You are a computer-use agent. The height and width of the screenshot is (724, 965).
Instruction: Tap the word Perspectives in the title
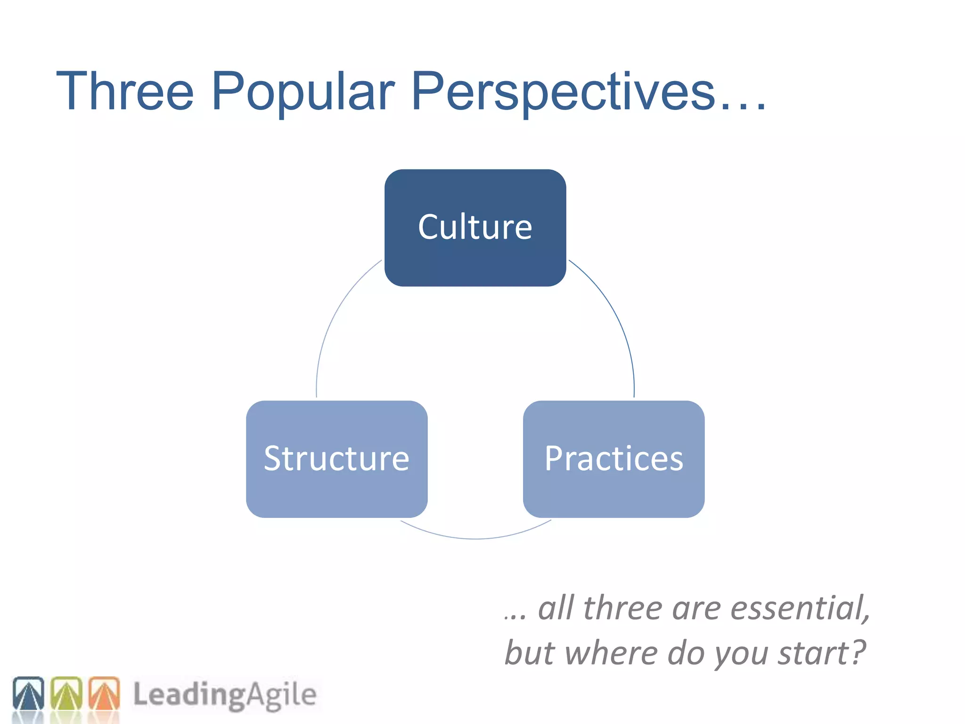coord(563,92)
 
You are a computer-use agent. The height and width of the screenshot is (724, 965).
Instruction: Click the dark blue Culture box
coord(475,228)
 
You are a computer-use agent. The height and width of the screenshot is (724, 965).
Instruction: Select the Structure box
coord(336,459)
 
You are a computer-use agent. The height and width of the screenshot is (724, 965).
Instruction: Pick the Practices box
coord(613,459)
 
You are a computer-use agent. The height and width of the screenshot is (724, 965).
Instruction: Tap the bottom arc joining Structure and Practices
coord(475,538)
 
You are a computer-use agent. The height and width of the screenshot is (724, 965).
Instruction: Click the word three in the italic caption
coord(623,608)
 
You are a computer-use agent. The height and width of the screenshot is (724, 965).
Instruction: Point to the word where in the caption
coord(611,653)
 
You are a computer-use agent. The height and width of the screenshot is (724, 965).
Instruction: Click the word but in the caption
coord(530,653)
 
